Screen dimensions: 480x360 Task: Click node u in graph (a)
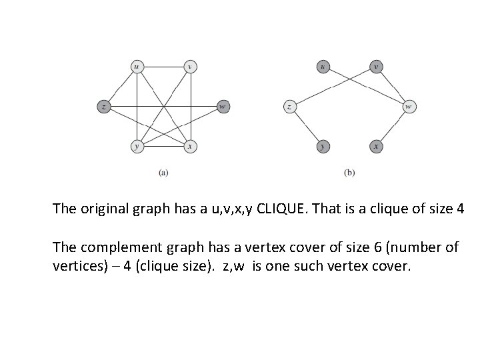136,66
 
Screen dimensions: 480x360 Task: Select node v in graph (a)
190,66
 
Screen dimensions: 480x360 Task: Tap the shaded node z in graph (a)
103,106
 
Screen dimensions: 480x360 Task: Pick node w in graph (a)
223,106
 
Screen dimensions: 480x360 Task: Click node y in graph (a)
136,146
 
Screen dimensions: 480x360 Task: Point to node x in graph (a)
190,146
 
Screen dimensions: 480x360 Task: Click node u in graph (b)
323,66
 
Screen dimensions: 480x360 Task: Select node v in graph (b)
377,66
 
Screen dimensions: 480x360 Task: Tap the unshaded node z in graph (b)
290,106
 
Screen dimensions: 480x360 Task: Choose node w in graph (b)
409,106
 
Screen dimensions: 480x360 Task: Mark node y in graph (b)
323,146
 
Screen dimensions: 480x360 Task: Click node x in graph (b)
377,146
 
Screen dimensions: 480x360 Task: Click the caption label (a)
163,173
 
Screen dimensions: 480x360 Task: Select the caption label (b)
349,173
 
